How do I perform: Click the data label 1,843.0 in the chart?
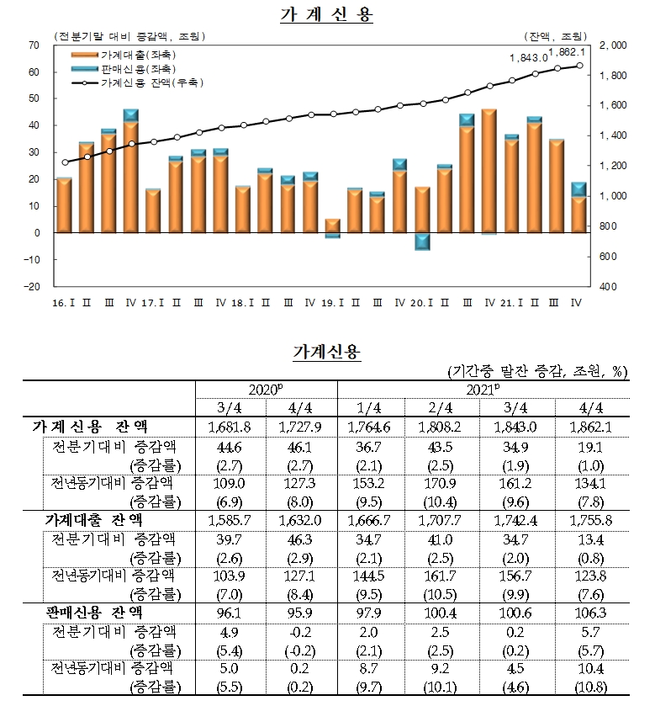[x=528, y=57]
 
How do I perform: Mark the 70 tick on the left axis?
[x=34, y=45]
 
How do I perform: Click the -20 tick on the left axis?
[x=32, y=286]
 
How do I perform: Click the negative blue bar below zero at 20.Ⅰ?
[x=422, y=241]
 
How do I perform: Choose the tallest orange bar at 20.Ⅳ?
[x=489, y=171]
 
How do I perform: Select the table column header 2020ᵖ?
[x=267, y=389]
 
